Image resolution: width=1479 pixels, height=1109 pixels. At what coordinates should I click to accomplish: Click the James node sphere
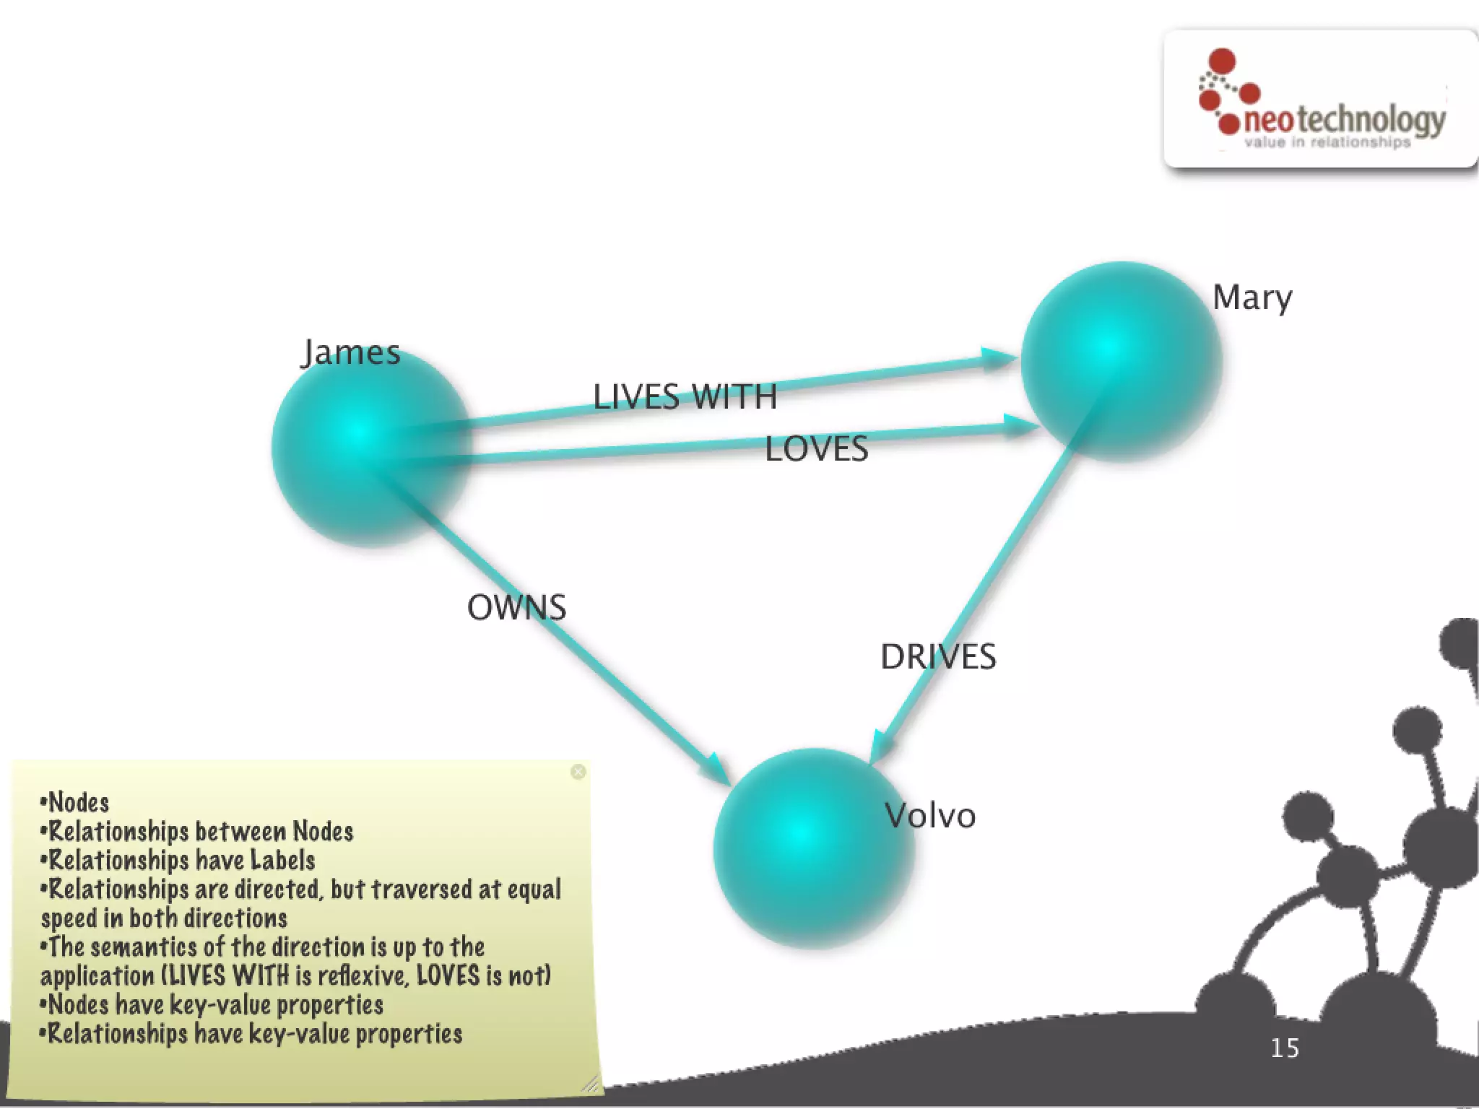(x=370, y=448)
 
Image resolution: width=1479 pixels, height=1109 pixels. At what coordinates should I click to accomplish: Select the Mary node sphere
(x=1120, y=361)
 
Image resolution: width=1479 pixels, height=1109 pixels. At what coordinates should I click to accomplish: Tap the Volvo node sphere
(x=812, y=848)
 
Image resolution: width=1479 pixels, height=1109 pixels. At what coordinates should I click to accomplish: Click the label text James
(x=351, y=352)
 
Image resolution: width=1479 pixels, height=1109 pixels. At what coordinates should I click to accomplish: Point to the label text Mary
(x=1252, y=297)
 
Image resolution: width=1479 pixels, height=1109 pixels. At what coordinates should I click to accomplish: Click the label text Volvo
(x=930, y=816)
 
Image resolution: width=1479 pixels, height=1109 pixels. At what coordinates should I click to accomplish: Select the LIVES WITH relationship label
(x=685, y=397)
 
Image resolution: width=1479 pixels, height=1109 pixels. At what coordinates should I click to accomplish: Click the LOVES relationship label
(x=816, y=449)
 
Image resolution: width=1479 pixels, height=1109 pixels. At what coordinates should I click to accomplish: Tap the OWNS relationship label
(x=516, y=608)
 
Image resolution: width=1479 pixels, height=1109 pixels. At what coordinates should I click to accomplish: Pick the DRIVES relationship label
(x=937, y=657)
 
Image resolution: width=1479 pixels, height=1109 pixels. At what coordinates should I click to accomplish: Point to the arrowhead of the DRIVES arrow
(x=879, y=748)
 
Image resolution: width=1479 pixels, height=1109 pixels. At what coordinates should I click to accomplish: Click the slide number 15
(x=1285, y=1048)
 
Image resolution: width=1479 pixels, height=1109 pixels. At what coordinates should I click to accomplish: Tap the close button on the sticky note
(x=578, y=772)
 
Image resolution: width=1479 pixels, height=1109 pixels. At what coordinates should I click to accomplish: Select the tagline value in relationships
(x=1327, y=142)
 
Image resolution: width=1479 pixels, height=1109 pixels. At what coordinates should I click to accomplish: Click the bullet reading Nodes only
(x=76, y=803)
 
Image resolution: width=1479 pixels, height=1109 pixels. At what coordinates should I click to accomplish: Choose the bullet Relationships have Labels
(x=178, y=861)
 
